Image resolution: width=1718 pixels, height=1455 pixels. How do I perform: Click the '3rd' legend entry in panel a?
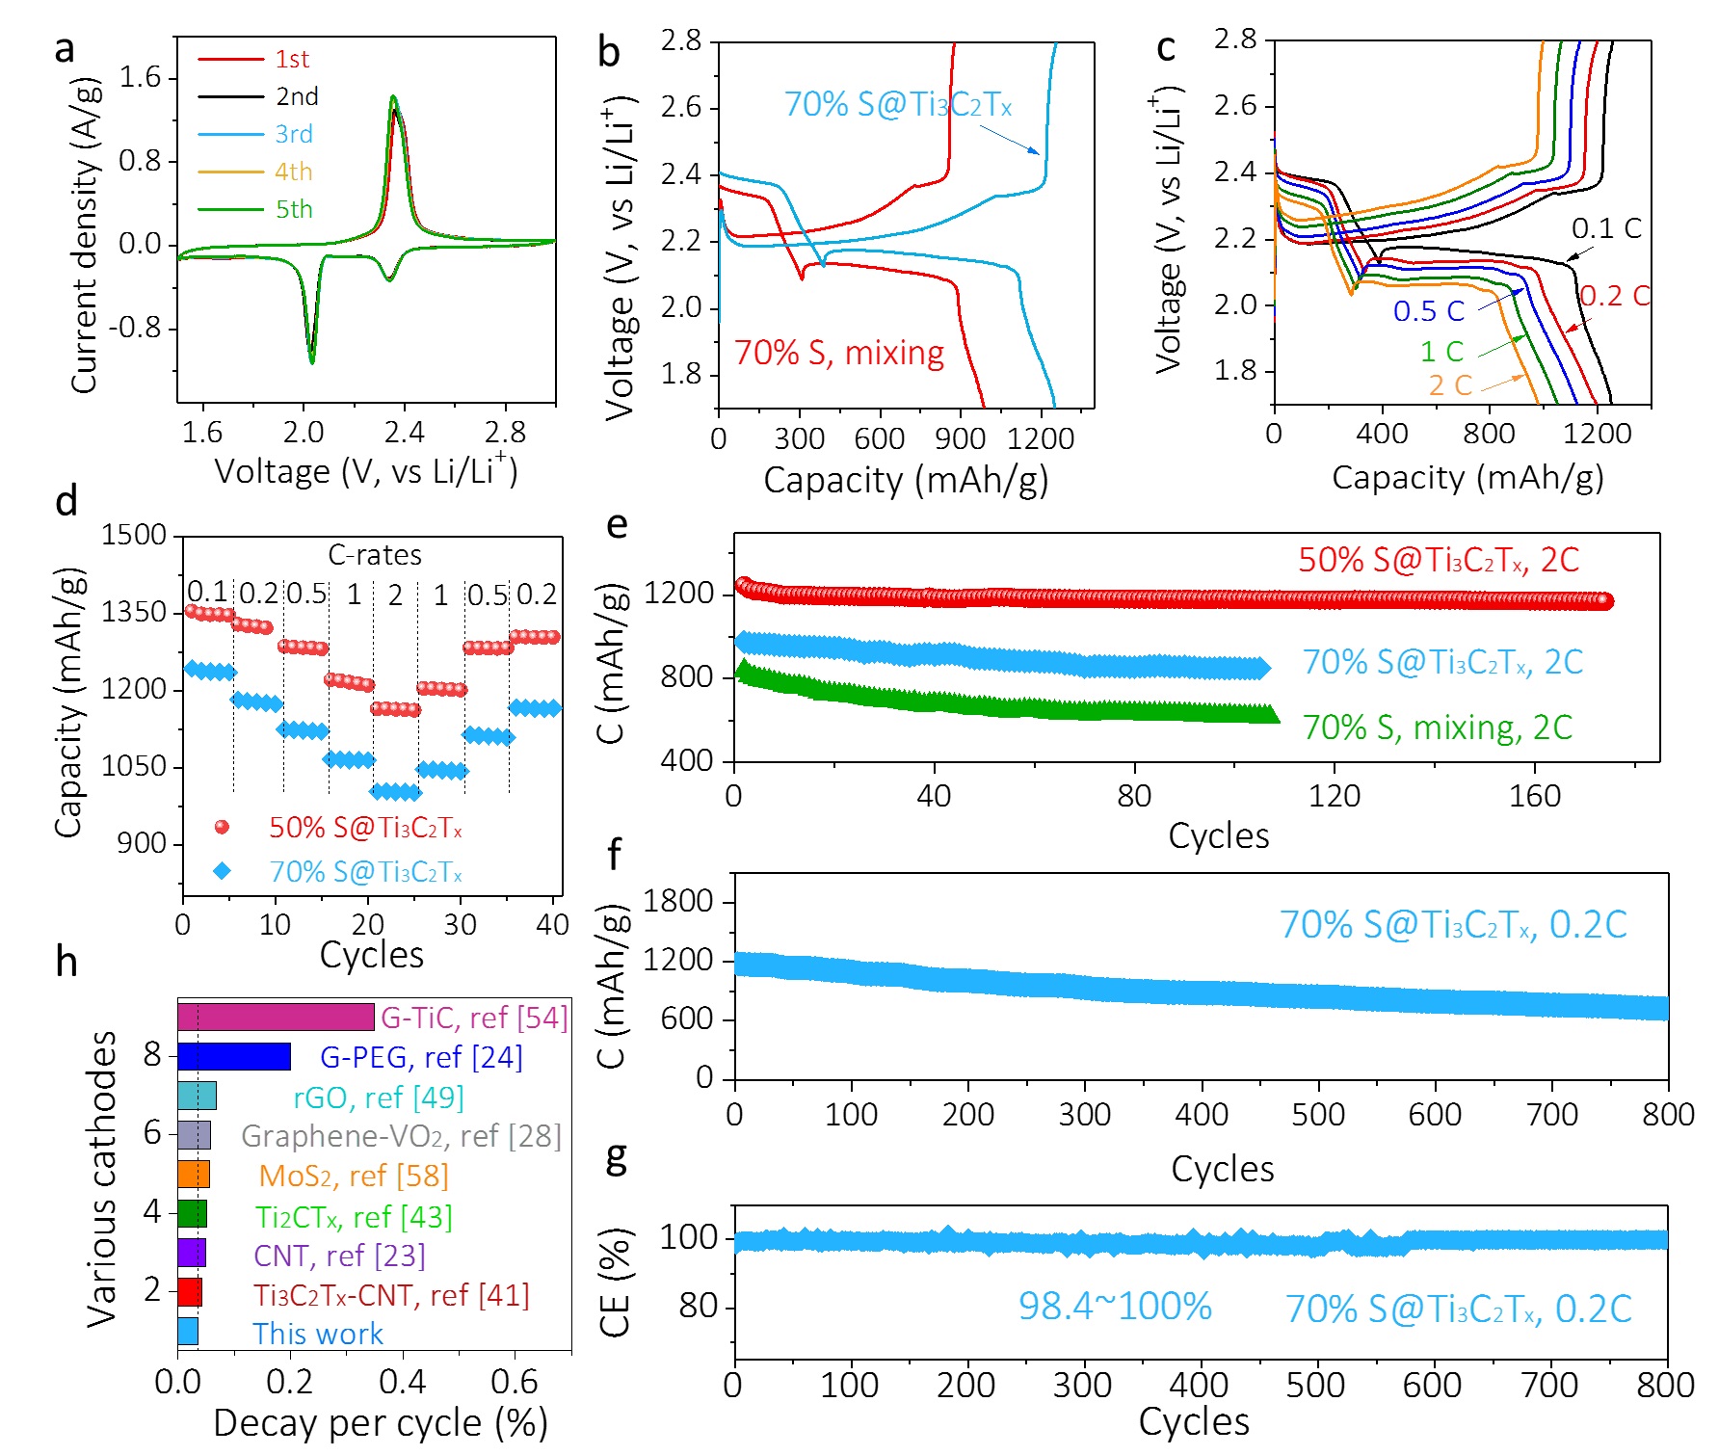coord(293,134)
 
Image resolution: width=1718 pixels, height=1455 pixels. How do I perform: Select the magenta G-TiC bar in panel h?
coord(276,1018)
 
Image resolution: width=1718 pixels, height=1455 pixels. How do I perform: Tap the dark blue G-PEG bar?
coord(234,1057)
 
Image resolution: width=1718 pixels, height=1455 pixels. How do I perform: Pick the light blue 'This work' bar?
coord(188,1333)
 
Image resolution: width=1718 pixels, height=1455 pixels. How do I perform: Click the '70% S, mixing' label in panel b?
coord(838,353)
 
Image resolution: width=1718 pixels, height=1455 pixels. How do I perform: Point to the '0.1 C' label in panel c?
coord(1606,228)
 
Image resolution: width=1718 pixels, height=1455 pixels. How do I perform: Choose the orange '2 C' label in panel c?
coord(1450,385)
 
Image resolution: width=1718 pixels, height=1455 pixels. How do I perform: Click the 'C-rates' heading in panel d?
coord(375,555)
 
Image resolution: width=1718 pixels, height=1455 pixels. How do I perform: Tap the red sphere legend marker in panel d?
coord(222,827)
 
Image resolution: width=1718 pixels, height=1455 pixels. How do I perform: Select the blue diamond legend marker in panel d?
coord(222,871)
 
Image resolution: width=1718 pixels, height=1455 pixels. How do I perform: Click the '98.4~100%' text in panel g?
coord(1115,1307)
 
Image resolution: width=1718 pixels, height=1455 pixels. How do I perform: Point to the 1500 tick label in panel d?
coord(134,535)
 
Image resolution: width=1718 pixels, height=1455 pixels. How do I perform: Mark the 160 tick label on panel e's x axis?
coord(1534,796)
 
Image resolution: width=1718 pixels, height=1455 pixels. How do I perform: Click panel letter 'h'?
coord(66,962)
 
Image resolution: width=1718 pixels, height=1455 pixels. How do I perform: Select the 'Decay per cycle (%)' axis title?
coord(380,1423)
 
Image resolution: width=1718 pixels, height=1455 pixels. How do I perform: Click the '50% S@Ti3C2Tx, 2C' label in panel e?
coord(1439,560)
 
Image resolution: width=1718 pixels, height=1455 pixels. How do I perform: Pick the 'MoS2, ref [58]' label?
coord(354,1176)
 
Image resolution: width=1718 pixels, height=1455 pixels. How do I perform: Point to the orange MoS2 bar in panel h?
coord(194,1175)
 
